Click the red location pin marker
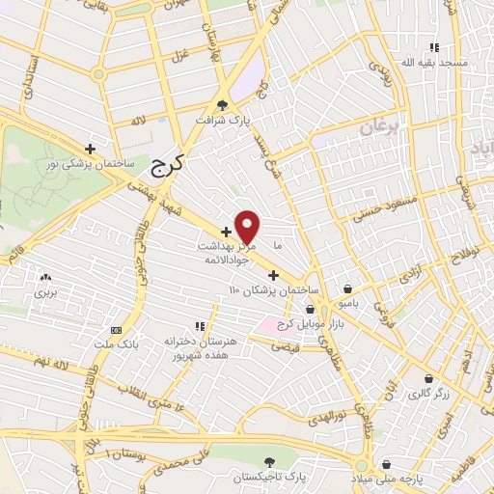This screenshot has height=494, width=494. [248, 226]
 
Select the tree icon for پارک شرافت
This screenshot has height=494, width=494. [223, 105]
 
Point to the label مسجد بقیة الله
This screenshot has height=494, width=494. [437, 62]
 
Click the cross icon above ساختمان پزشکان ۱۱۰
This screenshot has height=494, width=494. [273, 275]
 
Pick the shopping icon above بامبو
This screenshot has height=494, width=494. [348, 288]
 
